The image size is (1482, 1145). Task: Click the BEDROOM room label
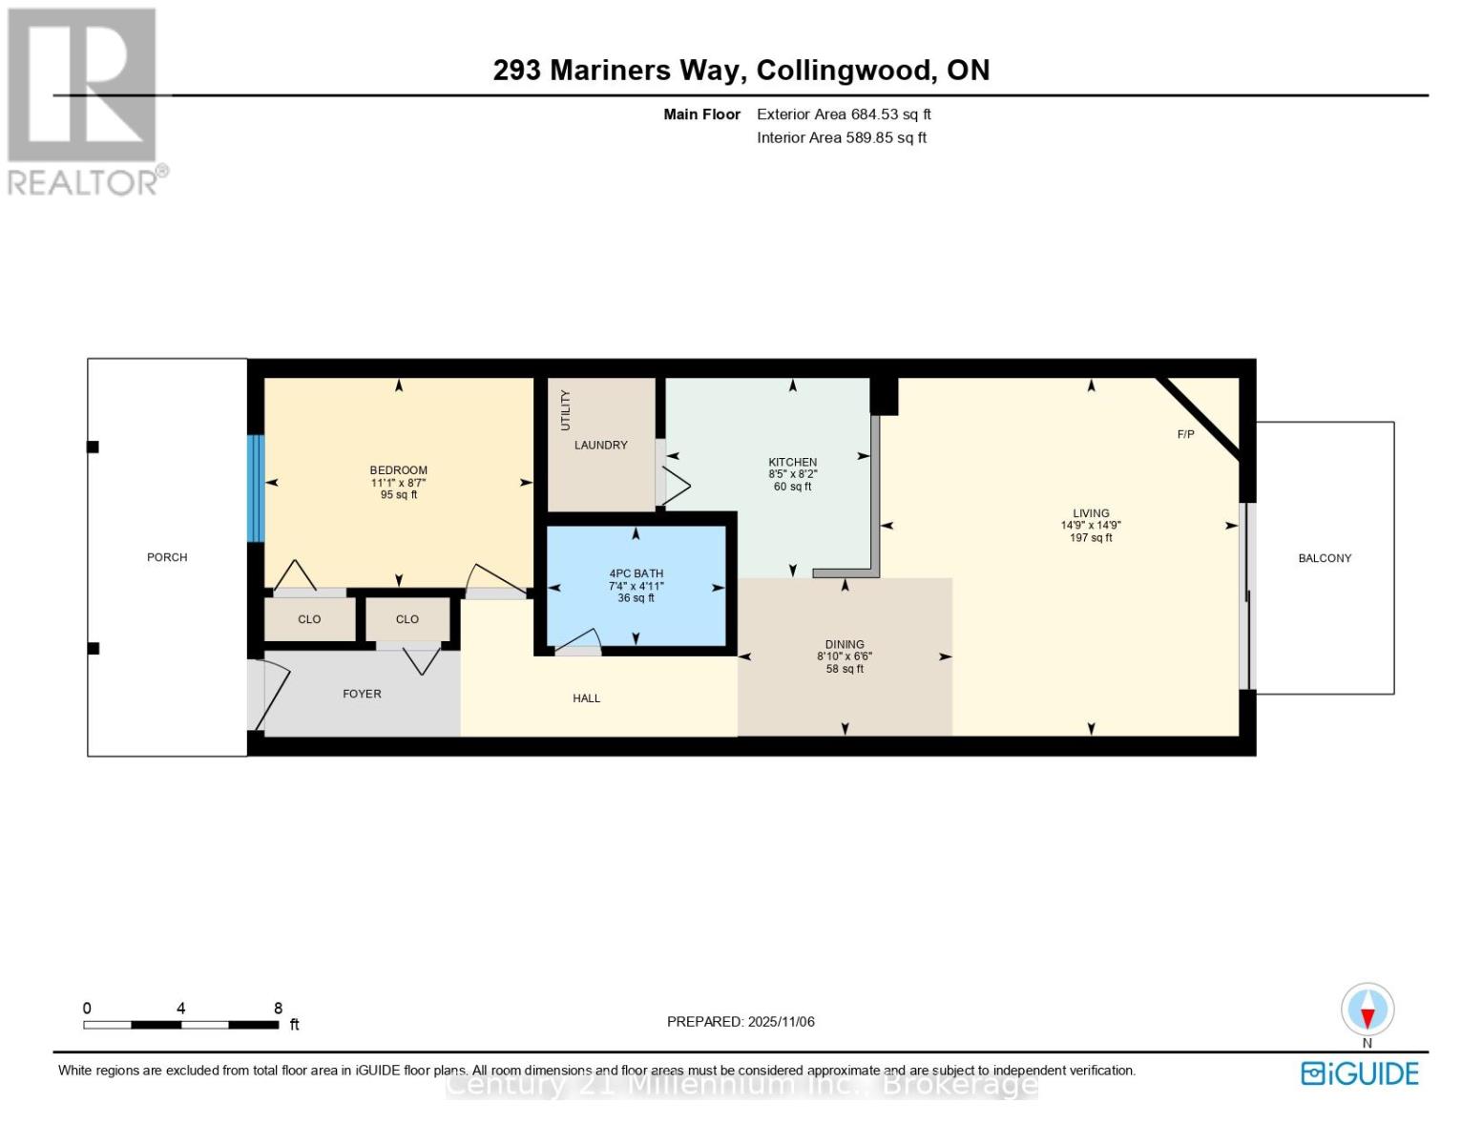click(398, 469)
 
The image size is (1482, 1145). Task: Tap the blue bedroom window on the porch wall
click(256, 489)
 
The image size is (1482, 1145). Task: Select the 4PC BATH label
click(636, 573)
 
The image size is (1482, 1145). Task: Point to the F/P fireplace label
click(1185, 434)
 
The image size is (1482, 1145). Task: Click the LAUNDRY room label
click(600, 445)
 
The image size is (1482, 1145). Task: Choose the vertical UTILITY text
click(565, 409)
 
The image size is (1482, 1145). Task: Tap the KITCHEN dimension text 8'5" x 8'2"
click(792, 474)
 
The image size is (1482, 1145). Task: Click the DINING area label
click(845, 644)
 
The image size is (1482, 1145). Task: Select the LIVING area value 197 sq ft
click(1091, 538)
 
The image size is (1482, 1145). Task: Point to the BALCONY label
click(1325, 558)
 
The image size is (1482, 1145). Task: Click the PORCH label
click(167, 557)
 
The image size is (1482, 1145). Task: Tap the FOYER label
click(362, 694)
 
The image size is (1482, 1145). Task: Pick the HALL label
click(586, 698)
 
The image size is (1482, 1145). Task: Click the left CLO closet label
click(309, 619)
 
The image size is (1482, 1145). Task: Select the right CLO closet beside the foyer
click(407, 619)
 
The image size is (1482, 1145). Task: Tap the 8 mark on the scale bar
click(278, 1009)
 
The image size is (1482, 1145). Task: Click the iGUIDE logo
click(1360, 1073)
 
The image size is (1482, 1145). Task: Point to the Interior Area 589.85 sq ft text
click(842, 137)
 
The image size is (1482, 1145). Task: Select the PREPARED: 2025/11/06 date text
click(741, 1022)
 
